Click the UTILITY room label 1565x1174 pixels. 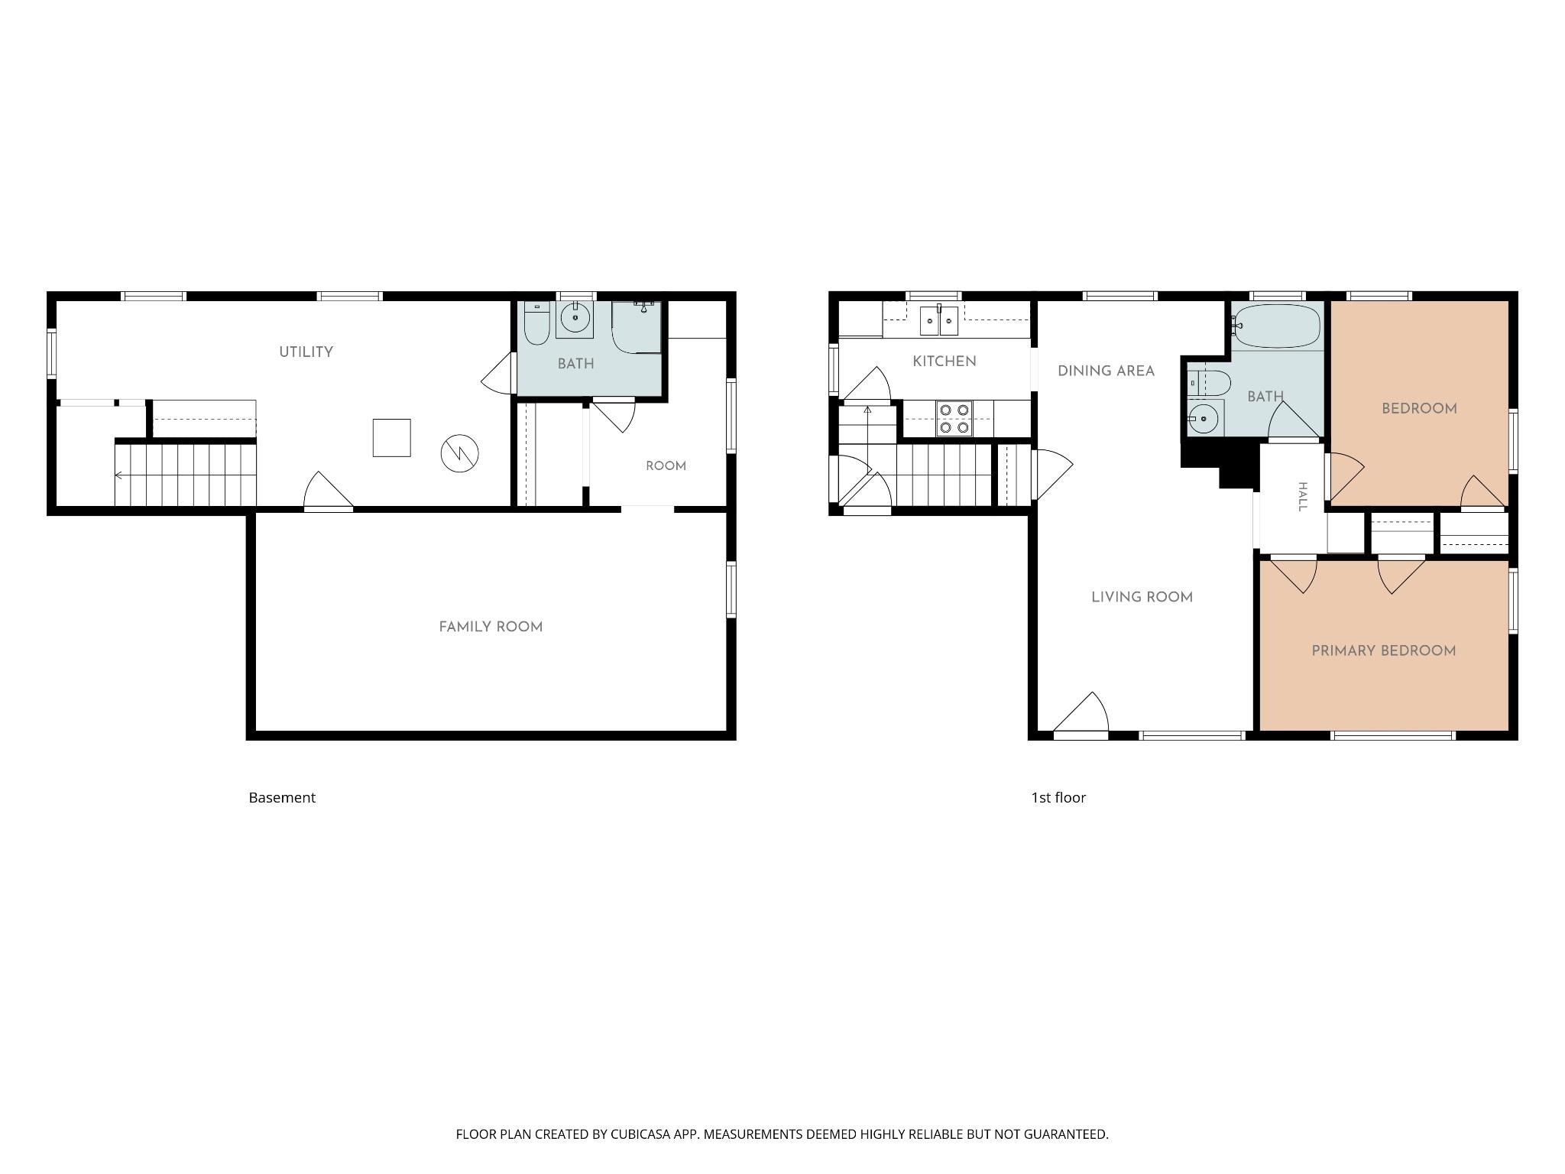coord(306,352)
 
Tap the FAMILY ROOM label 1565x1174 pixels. coord(491,627)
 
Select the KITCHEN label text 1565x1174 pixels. coord(945,362)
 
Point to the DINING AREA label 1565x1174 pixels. coord(1106,371)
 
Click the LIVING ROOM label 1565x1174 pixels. coord(1142,597)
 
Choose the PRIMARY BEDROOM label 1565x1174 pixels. coord(1383,651)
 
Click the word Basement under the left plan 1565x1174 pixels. coord(282,797)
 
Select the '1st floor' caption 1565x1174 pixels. coord(1058,797)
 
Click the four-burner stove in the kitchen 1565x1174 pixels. coord(954,419)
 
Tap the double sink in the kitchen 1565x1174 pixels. coord(938,320)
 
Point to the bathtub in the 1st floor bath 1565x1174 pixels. coord(1277,326)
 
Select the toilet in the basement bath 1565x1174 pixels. coord(536,323)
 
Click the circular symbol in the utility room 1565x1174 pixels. coord(459,453)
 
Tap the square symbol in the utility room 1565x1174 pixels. coord(391,438)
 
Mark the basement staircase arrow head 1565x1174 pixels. coord(118,475)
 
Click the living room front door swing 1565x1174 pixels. coord(1081,712)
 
